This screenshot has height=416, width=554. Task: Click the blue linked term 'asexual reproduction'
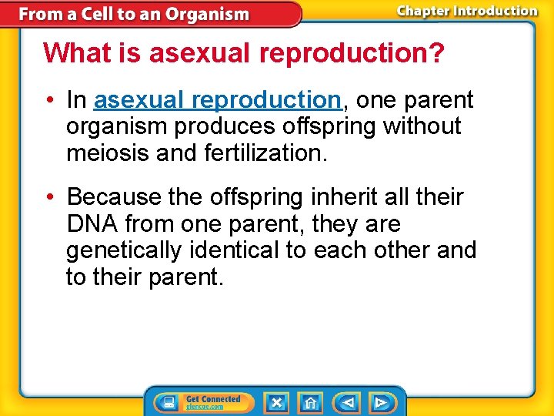(217, 100)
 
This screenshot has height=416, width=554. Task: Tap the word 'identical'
(251, 251)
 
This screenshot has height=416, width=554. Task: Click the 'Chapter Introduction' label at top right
(466, 11)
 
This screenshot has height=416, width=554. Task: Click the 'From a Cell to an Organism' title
(134, 14)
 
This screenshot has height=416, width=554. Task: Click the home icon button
(310, 402)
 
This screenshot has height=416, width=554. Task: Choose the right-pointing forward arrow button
(380, 402)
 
